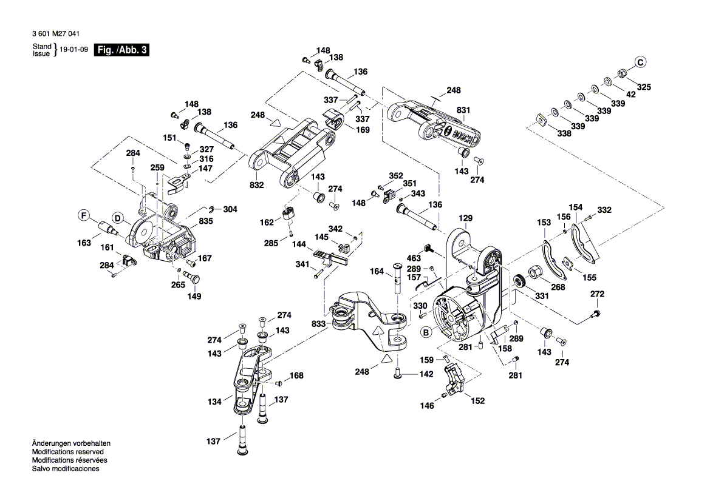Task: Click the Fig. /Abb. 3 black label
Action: tap(121, 50)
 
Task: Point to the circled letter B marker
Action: tap(426, 332)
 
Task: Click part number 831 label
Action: tap(463, 110)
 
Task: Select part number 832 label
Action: tap(256, 184)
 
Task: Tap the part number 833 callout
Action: tap(318, 324)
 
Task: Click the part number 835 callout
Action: tap(206, 222)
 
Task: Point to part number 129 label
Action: tap(465, 218)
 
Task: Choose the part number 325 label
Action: tap(643, 87)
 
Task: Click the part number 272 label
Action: tap(598, 294)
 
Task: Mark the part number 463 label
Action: tap(414, 259)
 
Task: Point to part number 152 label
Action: tap(478, 400)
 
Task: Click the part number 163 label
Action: tap(84, 243)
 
